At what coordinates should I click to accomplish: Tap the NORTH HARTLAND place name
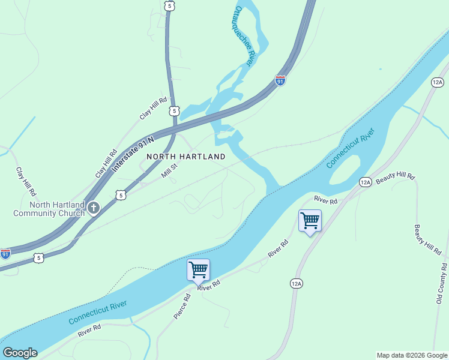[x=186, y=157]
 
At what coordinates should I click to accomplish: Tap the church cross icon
[x=93, y=208]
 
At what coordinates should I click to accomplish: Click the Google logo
[x=20, y=353]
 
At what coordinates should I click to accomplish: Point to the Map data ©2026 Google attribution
[x=411, y=355]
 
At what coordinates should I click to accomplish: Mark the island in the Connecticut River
[x=346, y=170]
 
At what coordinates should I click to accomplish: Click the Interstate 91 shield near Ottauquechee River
[x=280, y=80]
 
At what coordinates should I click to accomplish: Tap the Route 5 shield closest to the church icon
[x=121, y=195]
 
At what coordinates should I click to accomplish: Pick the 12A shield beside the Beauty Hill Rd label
[x=365, y=182]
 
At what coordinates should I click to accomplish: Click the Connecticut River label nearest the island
[x=350, y=148]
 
